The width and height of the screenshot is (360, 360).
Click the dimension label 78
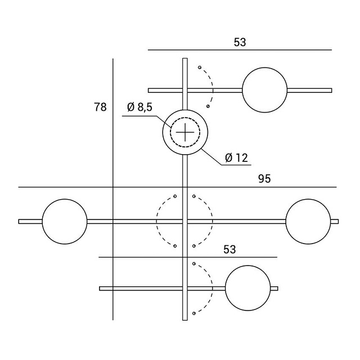100,107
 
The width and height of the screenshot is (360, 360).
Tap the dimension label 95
264,179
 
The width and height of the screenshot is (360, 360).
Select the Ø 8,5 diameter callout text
140,107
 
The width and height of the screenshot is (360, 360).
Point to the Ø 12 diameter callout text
236,158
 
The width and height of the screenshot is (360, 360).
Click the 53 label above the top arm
240,42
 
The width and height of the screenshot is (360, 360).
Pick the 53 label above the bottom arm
229,249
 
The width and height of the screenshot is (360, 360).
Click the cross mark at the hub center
185,132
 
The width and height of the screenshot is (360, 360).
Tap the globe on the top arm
265,90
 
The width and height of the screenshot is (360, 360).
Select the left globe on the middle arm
65,221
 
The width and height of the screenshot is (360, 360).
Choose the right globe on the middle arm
308,221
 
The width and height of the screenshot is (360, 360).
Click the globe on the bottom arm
248,288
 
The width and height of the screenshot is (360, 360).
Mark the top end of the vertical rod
185,58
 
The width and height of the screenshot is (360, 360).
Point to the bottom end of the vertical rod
185,320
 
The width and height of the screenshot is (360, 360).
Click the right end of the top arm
331,90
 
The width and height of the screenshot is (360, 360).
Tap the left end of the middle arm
19,222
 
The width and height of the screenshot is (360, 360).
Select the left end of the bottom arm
100,289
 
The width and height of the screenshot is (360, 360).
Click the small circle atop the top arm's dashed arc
200,67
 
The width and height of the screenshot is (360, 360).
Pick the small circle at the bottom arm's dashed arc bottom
194,313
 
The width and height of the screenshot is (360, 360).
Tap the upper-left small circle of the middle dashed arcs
175,196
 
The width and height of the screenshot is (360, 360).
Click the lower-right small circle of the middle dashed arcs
194,246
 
